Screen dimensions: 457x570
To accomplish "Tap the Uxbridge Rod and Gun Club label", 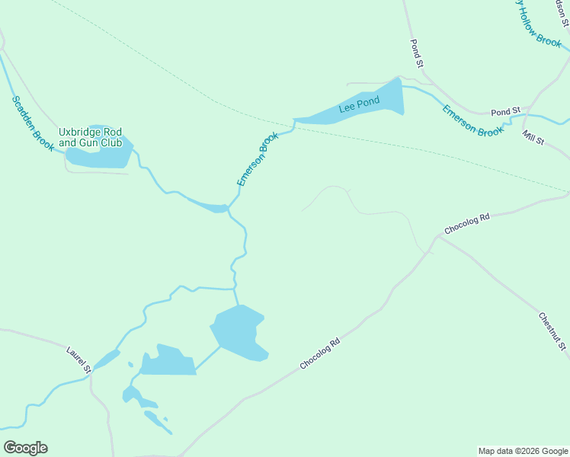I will [90, 137].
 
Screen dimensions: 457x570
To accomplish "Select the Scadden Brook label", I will [32, 123].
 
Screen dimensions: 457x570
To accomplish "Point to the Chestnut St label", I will [552, 331].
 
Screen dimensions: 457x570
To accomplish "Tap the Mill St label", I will [533, 138].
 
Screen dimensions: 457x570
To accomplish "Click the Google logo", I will [25, 448].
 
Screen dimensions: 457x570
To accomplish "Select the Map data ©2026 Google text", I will [523, 451].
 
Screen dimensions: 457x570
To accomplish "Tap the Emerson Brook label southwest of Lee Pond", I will [258, 158].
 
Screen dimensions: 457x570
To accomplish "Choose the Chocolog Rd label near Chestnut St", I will [467, 222].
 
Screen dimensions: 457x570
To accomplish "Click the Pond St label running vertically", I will [416, 54].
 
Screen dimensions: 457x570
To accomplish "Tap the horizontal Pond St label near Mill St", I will [505, 112].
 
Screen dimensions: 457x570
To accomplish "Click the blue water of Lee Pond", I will [381, 99].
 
